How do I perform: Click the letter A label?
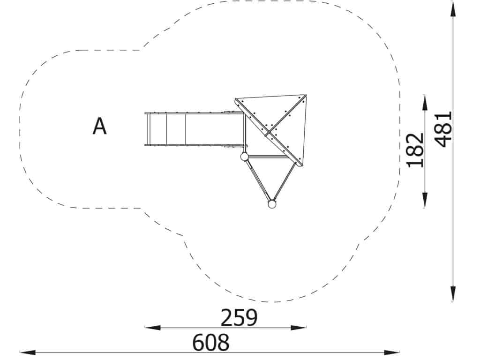pyautogui.click(x=99, y=126)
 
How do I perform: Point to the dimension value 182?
pyautogui.click(x=415, y=150)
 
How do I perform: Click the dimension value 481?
pyautogui.click(x=443, y=129)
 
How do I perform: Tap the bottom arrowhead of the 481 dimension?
pyautogui.click(x=453, y=294)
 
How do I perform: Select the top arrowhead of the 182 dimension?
pyautogui.click(x=425, y=103)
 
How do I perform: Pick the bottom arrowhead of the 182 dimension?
pyautogui.click(x=425, y=200)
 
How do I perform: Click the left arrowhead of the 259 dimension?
pyautogui.click(x=152, y=328)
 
